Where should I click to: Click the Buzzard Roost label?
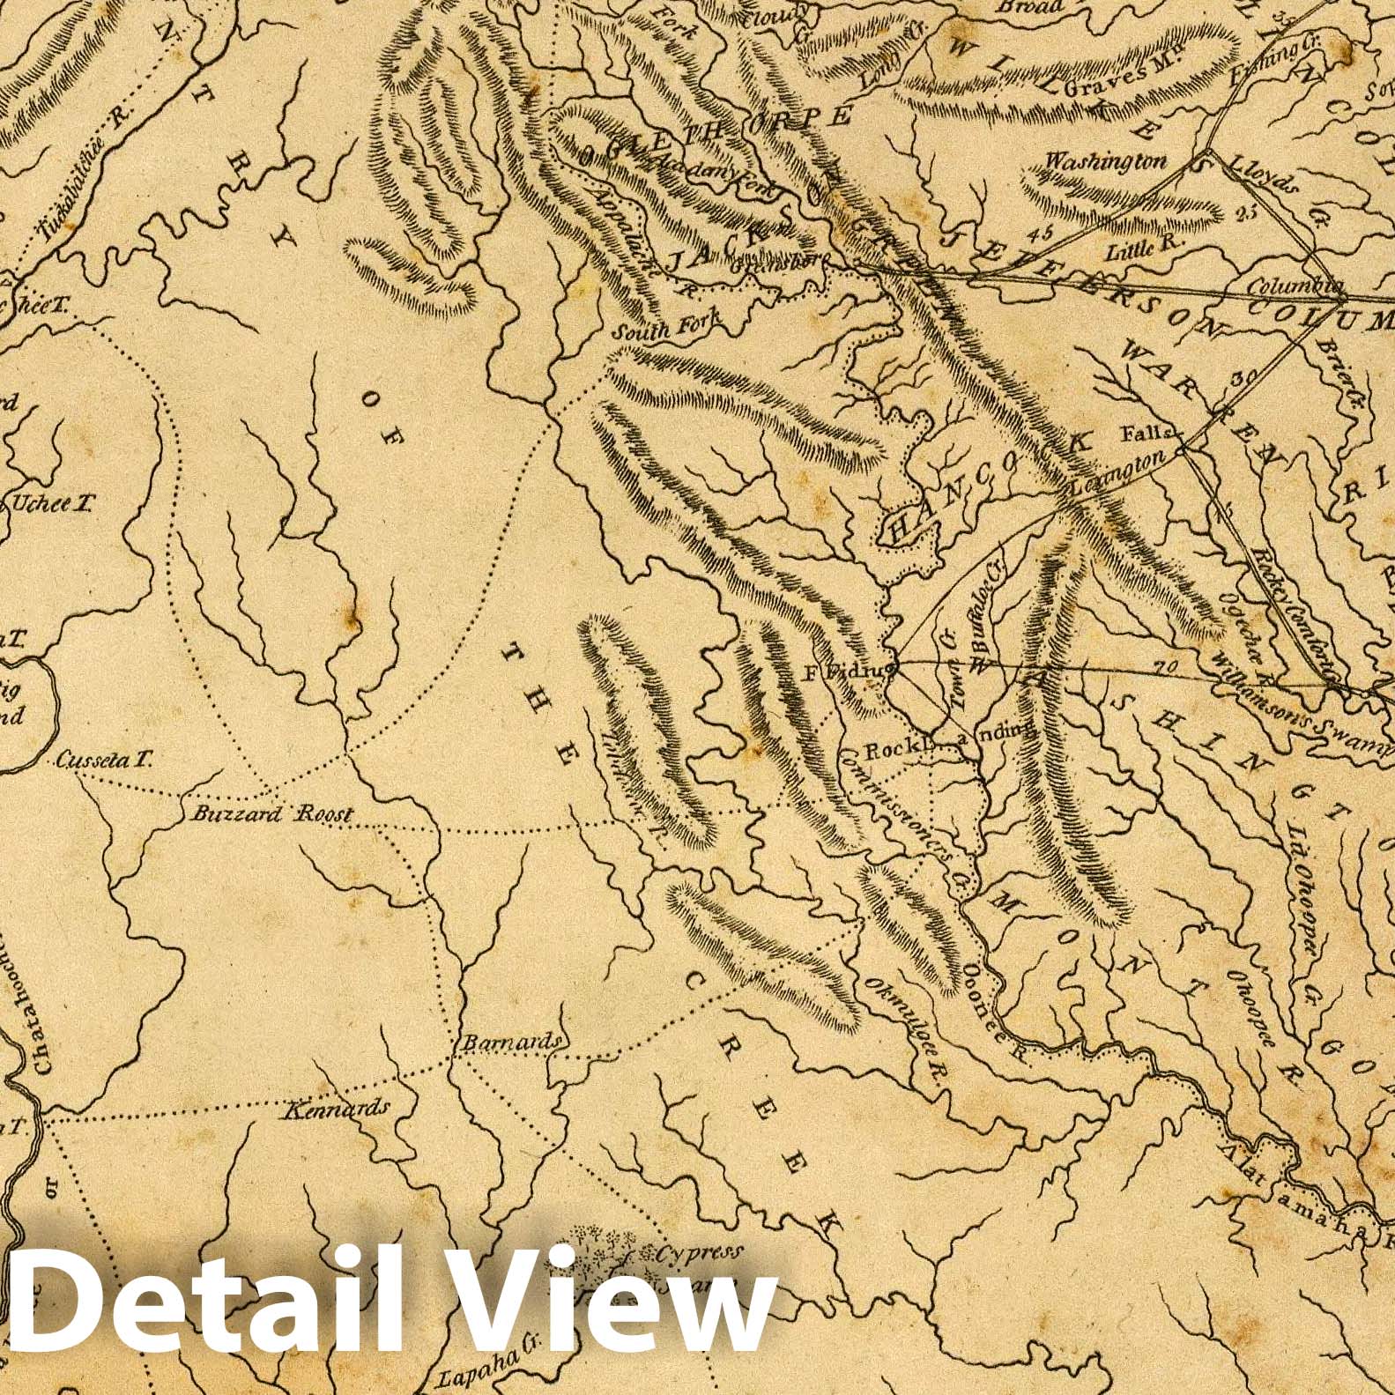click(x=271, y=813)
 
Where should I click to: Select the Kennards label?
click(x=336, y=1109)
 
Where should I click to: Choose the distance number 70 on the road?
click(x=1164, y=666)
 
